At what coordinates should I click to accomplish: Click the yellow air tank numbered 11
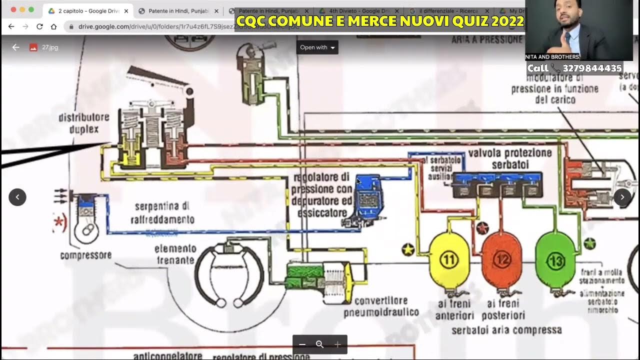click(449, 260)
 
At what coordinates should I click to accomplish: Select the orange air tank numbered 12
click(501, 260)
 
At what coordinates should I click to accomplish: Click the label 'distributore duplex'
click(83, 123)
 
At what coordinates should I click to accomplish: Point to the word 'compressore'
click(85, 255)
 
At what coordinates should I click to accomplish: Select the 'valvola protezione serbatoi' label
click(509, 158)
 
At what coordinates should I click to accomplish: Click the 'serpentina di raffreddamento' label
click(162, 213)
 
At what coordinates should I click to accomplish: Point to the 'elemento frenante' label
click(175, 254)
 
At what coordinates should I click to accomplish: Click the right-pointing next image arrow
click(622, 197)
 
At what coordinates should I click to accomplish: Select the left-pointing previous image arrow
click(17, 197)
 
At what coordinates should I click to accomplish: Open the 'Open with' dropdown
click(317, 47)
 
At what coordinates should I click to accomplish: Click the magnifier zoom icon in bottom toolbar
click(320, 344)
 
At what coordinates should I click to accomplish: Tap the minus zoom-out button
click(302, 344)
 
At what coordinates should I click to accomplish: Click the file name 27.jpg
click(50, 47)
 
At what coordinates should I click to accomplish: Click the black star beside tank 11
click(408, 249)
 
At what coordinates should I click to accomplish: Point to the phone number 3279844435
click(592, 68)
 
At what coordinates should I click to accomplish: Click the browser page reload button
click(39, 26)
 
